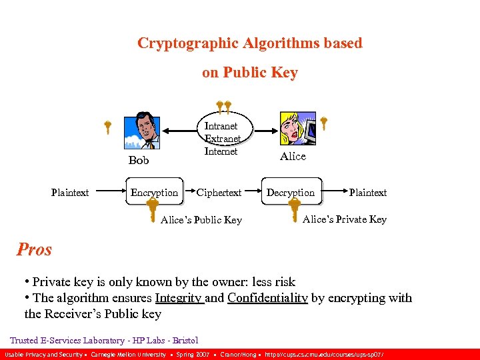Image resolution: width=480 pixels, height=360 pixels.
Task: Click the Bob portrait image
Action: point(142,131)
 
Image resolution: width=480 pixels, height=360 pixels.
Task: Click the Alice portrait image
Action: point(297,129)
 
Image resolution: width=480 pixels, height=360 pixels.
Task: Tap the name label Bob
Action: point(139,161)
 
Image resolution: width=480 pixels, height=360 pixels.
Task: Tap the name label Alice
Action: point(293,156)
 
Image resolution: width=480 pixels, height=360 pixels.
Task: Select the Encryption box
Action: point(154,193)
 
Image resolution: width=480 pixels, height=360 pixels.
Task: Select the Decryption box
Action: point(291,193)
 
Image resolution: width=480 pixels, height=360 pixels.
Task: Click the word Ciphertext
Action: point(219,193)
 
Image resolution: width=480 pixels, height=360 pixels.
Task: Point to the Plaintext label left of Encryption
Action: point(70,193)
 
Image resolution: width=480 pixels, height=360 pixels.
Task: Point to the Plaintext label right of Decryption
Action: point(367,193)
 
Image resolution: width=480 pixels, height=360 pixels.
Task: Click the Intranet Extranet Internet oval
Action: point(221,138)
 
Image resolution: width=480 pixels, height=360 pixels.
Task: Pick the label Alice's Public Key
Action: point(201,220)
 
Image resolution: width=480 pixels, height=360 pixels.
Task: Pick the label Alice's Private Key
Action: point(345,219)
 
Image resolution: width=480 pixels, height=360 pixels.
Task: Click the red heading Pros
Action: point(34,249)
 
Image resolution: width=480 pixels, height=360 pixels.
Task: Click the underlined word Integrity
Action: point(179,298)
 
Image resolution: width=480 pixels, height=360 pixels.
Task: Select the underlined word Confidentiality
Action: point(267,298)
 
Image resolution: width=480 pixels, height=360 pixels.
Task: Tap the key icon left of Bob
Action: point(107,127)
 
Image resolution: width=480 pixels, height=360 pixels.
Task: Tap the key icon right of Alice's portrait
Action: point(323,123)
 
